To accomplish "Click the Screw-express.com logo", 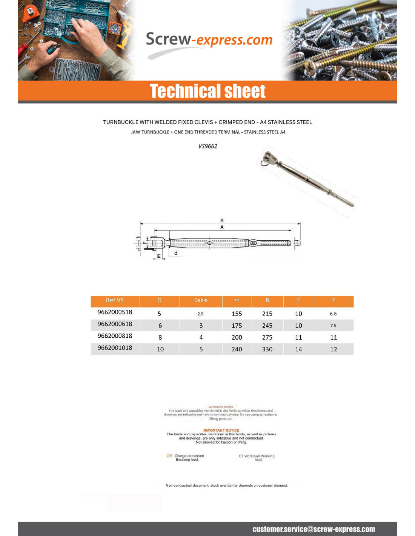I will click(x=209, y=41).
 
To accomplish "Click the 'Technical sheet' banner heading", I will click(x=207, y=91).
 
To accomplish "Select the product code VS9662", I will click(x=208, y=146).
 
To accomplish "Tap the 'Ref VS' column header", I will click(x=115, y=300).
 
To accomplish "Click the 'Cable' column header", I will click(x=201, y=300).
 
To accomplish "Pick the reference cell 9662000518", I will click(x=115, y=312).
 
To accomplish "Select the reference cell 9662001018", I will click(x=115, y=348).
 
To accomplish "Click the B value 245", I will click(x=267, y=326).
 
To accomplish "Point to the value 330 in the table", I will click(x=267, y=349).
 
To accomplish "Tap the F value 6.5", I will click(x=333, y=314).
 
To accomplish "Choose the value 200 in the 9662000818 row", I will click(x=237, y=337).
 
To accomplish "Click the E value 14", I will click(x=298, y=349).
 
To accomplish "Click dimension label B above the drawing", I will click(x=222, y=221).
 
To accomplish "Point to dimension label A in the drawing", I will click(x=222, y=227).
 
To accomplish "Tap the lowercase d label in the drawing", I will click(x=176, y=253).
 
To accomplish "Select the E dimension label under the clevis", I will click(x=159, y=256).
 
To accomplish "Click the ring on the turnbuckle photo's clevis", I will click(x=264, y=163).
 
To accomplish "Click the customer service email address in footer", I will click(x=314, y=529).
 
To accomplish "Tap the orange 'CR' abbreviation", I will click(x=169, y=456).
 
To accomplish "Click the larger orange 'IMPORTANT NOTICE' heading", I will click(x=221, y=430).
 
